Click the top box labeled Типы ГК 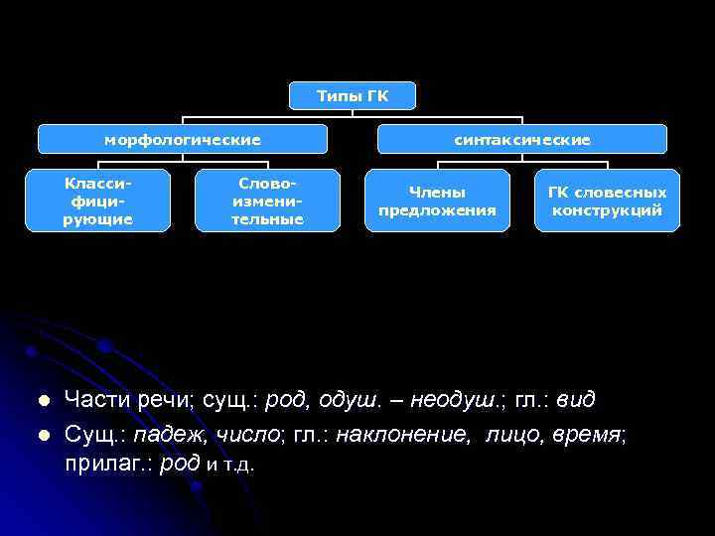[353, 95]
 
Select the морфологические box [183, 140]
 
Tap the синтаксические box [522, 140]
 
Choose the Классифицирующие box [97, 201]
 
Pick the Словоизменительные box [267, 201]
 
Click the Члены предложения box [437, 201]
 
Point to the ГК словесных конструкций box [607, 201]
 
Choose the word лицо [510, 434]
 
